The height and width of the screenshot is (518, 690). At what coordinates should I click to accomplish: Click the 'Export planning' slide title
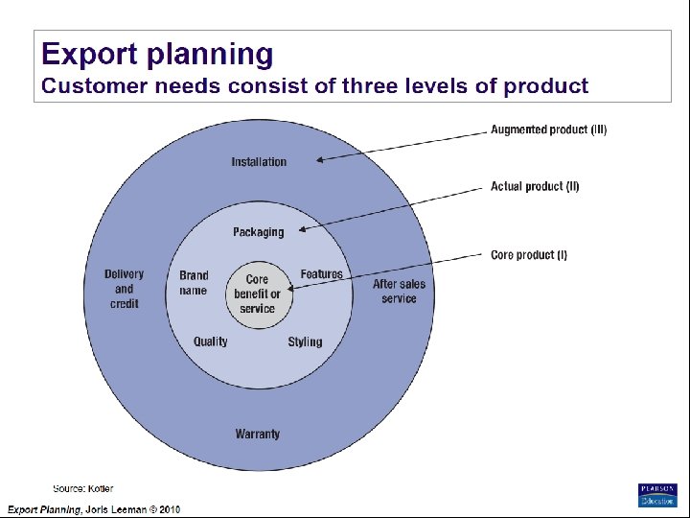coord(157,54)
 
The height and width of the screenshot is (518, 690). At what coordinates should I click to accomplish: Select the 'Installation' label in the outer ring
coord(259,162)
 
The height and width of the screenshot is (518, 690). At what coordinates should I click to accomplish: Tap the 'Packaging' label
coord(259,232)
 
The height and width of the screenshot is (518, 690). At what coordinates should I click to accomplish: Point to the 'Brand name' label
coord(194,283)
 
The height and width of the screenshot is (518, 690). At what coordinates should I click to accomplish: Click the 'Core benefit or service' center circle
coord(258,294)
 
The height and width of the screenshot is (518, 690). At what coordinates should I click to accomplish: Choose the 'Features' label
coord(321,274)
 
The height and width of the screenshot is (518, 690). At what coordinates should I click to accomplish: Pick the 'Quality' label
coord(211,341)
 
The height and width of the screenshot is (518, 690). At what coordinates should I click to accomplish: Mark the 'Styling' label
coord(305,341)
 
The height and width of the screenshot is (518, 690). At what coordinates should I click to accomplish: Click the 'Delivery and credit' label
coord(125,289)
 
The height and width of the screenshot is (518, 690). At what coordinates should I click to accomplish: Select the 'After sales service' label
coord(399,291)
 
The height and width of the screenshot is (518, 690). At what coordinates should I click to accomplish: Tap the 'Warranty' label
coord(258,434)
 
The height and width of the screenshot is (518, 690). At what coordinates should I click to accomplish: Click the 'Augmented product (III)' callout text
coord(548,129)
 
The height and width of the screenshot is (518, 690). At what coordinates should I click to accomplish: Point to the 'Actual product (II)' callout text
coord(535,186)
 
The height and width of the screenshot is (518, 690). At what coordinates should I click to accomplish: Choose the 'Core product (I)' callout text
coord(529,255)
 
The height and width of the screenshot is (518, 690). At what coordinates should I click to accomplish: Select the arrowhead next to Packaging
coord(303,228)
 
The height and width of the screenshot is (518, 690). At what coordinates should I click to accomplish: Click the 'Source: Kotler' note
coord(82,489)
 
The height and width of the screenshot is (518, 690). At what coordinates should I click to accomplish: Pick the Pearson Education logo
coord(657,494)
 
